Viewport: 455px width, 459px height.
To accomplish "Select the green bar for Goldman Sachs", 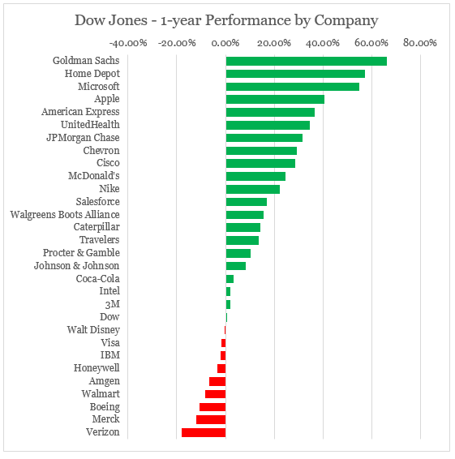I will [x=306, y=61].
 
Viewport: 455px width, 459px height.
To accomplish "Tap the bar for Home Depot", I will [x=295, y=74].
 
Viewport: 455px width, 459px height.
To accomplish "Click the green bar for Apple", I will [x=275, y=99].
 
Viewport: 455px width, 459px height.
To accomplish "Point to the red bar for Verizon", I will [x=204, y=432].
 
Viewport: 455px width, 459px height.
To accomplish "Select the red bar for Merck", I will [x=211, y=419].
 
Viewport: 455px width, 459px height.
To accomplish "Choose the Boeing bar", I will [x=212, y=407].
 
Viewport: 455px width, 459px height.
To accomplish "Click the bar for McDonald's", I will [x=255, y=176].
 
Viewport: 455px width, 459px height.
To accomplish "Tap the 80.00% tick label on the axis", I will [x=420, y=43].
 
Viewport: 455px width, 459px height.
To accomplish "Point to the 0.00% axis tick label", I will [x=225, y=43].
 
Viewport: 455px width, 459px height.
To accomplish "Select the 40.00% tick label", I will [x=323, y=43].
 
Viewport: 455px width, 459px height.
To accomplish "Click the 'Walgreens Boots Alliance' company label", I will [x=65, y=215].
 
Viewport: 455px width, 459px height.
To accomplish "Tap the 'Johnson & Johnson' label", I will [x=77, y=266].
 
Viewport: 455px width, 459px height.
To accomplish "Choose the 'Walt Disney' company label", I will [x=93, y=330].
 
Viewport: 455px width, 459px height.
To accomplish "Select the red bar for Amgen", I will [x=217, y=381].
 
